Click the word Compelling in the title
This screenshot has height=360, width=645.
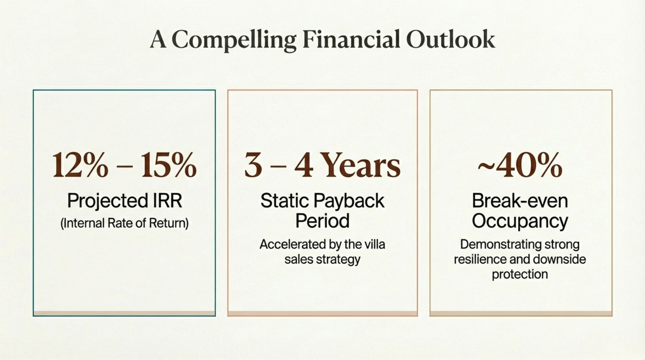[234, 40]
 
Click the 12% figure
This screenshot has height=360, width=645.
[81, 165]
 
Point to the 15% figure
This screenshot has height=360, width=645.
[168, 165]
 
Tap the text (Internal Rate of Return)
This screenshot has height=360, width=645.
[124, 223]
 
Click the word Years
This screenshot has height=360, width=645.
[361, 165]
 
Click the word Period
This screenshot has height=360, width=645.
[322, 221]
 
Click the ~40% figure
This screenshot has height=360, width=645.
[520, 165]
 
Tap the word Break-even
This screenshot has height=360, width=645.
[520, 201]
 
